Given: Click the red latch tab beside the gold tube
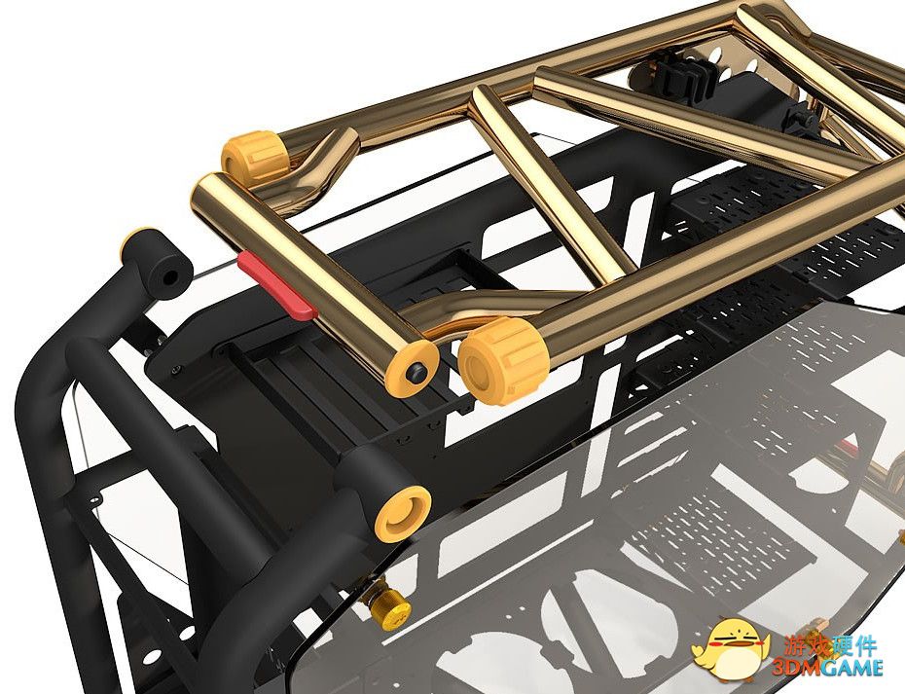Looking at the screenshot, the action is (x=277, y=285).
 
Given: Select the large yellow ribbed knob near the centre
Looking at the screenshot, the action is (x=503, y=360).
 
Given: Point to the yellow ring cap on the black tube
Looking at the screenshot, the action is (x=403, y=514).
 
